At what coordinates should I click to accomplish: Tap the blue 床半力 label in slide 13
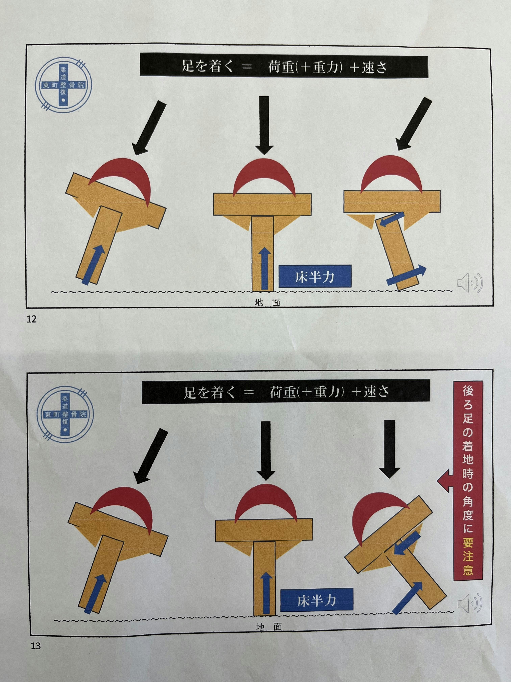click(317, 601)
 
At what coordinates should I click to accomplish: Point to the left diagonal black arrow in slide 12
click(149, 129)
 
